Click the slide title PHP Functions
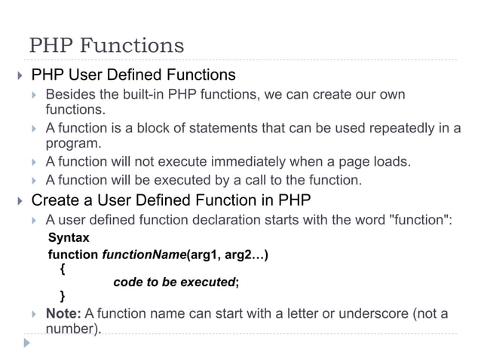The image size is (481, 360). click(106, 45)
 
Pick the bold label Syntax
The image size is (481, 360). click(69, 238)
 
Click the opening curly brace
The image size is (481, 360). click(62, 267)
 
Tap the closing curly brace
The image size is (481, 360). click(62, 295)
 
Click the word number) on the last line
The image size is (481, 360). click(73, 330)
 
